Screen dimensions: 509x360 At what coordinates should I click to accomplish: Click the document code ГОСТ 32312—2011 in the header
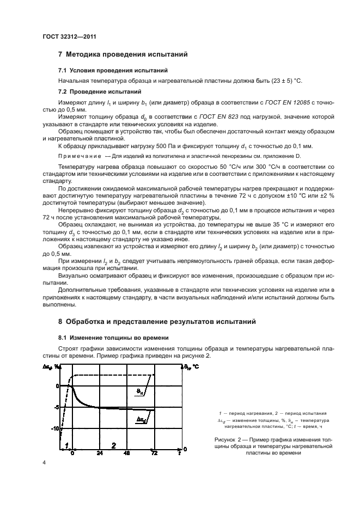pos(66,36)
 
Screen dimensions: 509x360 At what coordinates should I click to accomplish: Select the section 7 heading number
pos(60,54)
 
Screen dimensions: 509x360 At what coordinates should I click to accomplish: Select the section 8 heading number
pos(60,322)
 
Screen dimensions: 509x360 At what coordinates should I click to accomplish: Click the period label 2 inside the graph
pos(113,445)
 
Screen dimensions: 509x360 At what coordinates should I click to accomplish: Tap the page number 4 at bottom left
pos(44,463)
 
